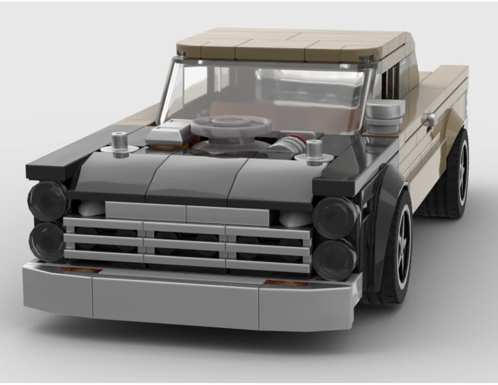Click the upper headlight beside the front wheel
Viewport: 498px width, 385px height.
335,217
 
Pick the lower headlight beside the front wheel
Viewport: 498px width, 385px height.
334,259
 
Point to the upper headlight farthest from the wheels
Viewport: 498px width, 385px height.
48,200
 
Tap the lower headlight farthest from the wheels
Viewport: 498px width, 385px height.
47,241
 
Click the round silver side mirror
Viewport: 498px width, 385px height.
384,115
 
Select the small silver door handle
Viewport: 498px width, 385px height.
431,120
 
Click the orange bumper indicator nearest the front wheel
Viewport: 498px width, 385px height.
286,283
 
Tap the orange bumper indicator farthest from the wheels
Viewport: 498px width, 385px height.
80,270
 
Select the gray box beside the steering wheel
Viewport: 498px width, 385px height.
169,131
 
